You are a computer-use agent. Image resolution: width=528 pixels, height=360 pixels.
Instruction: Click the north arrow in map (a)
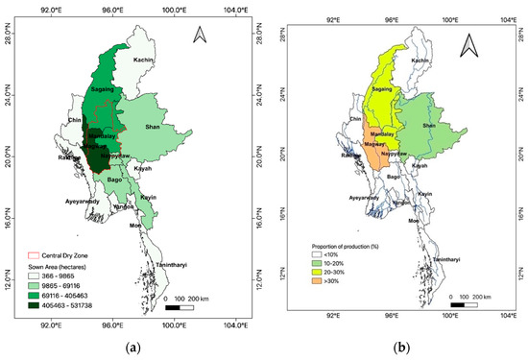(201, 36)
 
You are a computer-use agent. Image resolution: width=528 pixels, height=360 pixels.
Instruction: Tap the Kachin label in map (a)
(143, 60)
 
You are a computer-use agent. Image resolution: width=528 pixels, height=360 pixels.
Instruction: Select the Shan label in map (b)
(429, 126)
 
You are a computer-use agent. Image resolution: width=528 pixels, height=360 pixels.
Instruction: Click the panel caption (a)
(134, 344)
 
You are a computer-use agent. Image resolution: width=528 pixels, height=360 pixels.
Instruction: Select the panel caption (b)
(400, 344)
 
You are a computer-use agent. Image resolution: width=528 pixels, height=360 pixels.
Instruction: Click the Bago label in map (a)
(113, 180)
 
